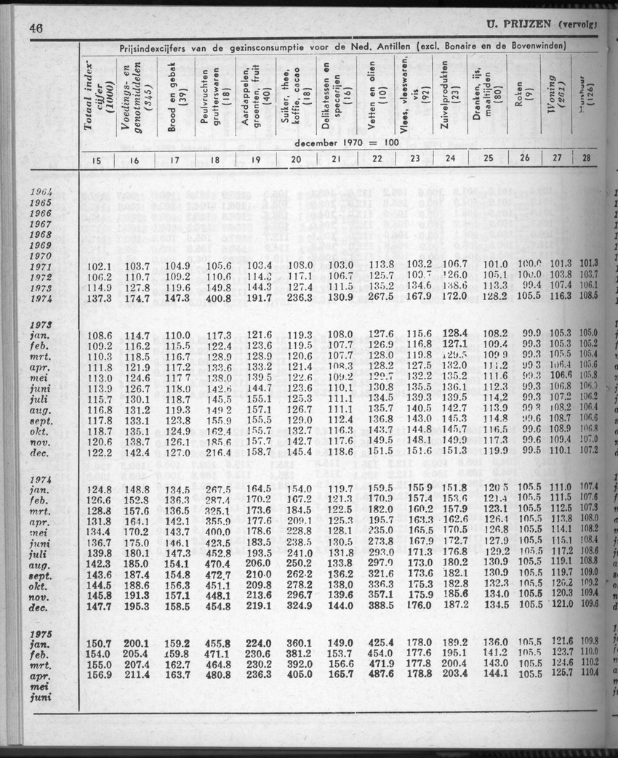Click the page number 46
point(36,28)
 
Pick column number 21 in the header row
point(336,160)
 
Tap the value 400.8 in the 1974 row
point(218,298)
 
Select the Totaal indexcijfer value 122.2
point(100,452)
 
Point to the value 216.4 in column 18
point(218,452)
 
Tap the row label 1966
point(41,214)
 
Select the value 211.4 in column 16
point(136,673)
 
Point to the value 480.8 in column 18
point(218,673)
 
